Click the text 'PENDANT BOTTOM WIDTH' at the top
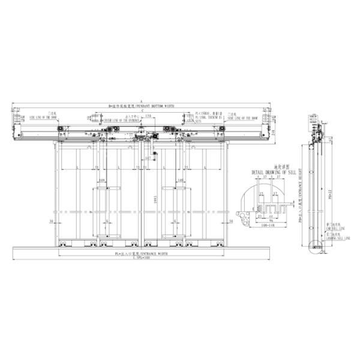pos(157,105)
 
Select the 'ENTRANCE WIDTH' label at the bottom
pos(151,254)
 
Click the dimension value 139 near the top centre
pos(148,116)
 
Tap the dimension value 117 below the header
pos(148,158)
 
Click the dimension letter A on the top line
pos(142,101)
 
